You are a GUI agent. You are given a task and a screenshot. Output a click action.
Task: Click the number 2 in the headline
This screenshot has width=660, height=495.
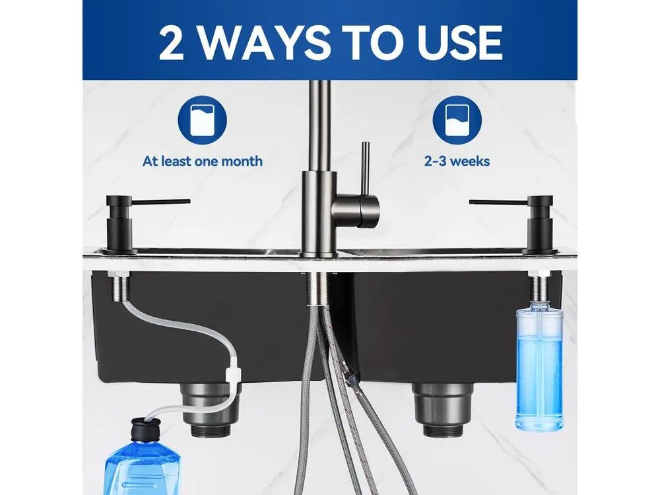tap(172, 42)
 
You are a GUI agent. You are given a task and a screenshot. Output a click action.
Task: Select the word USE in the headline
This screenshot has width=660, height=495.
tap(460, 42)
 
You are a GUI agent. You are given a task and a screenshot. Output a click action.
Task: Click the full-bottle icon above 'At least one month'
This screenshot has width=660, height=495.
tap(203, 120)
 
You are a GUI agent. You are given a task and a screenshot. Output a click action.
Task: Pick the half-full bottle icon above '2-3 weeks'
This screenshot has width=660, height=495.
tap(457, 120)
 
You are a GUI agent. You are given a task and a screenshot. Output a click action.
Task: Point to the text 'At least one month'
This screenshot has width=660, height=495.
tap(203, 161)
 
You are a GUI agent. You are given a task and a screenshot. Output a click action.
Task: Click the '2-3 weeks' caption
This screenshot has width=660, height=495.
tap(457, 161)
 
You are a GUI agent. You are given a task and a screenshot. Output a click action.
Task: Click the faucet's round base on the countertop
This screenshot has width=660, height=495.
tap(319, 253)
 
